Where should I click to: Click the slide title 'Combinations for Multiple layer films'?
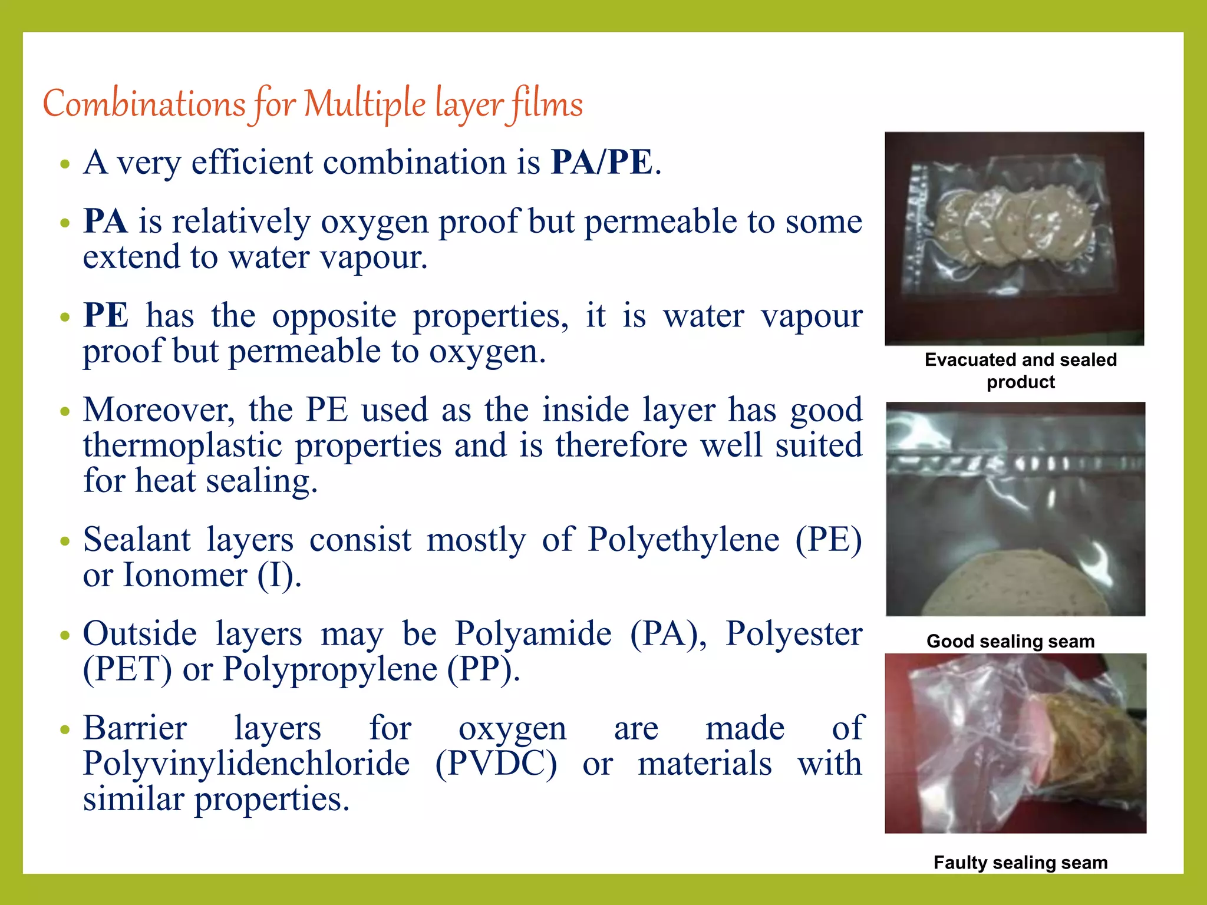coord(313,104)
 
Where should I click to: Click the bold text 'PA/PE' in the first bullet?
coord(602,163)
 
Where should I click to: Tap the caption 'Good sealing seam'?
coord(1010,641)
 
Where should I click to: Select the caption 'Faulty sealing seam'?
coord(1020,863)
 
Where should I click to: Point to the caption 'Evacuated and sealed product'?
coord(1020,371)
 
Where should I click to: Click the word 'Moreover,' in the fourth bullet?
coord(159,410)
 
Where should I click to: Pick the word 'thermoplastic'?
coord(182,445)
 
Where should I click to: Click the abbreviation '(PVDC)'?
coord(496,764)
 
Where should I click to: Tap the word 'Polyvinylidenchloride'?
coord(246,764)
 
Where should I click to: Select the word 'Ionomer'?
coord(184,575)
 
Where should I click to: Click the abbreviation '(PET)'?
coord(127,669)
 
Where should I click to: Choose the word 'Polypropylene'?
coord(329,669)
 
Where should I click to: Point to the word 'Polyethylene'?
coord(684,540)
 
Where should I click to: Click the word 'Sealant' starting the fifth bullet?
coord(137,540)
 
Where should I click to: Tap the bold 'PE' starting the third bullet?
coord(105,316)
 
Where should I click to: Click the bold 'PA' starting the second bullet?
coord(105,222)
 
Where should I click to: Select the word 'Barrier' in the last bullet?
coord(135,728)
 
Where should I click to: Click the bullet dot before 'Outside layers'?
coord(65,636)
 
